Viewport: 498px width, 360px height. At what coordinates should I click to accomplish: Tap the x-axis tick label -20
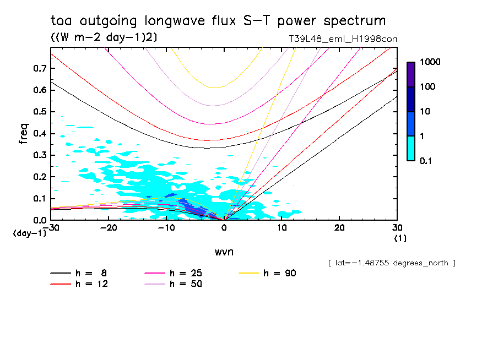(x=109, y=228)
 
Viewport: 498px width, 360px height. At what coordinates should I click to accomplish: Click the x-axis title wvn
(x=224, y=251)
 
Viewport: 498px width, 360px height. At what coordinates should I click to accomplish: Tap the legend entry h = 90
(x=280, y=273)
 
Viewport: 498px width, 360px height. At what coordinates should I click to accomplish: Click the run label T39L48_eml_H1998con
(x=343, y=39)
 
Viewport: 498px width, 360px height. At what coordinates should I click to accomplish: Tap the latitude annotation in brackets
(x=391, y=263)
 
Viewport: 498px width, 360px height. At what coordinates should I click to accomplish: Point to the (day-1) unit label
(x=29, y=233)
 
